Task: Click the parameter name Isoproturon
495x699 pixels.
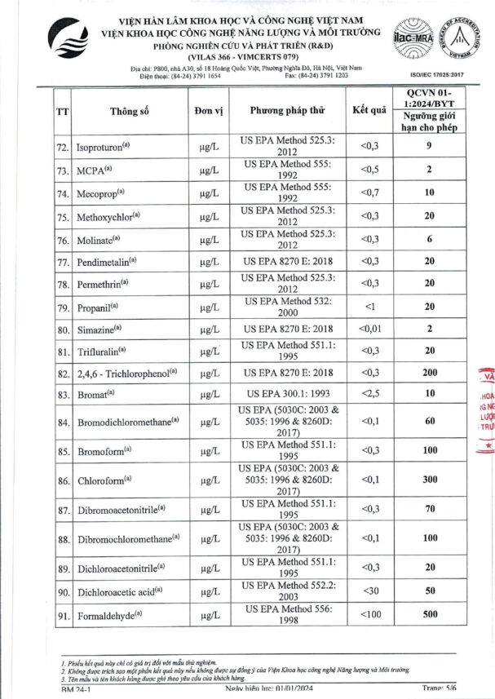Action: coord(102,148)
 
